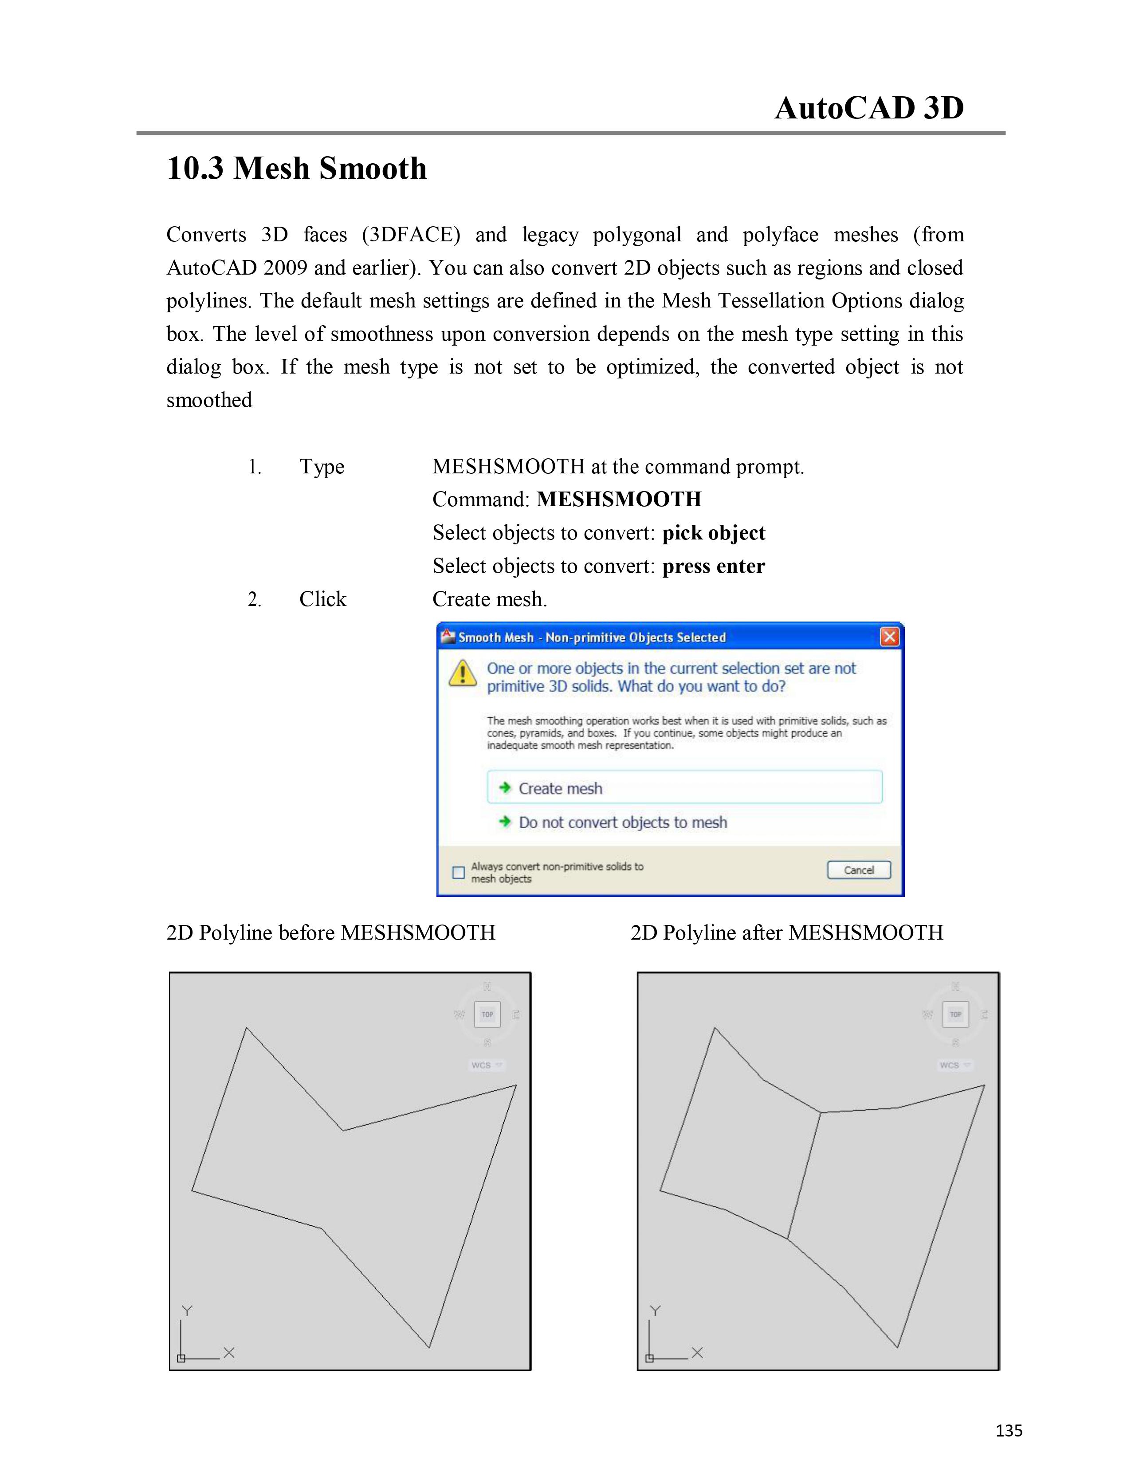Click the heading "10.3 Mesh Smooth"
(296, 168)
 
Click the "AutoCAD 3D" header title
(869, 108)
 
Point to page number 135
(1009, 1430)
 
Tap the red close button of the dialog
(889, 637)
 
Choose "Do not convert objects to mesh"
(622, 823)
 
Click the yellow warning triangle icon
(462, 673)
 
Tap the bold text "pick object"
(714, 533)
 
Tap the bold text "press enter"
(714, 567)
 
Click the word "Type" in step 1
(322, 467)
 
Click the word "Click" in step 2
(322, 599)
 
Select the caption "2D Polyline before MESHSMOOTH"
(330, 933)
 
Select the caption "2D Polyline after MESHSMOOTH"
(787, 933)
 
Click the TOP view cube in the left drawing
(487, 1014)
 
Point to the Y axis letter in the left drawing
(187, 1311)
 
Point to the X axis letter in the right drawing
(697, 1353)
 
